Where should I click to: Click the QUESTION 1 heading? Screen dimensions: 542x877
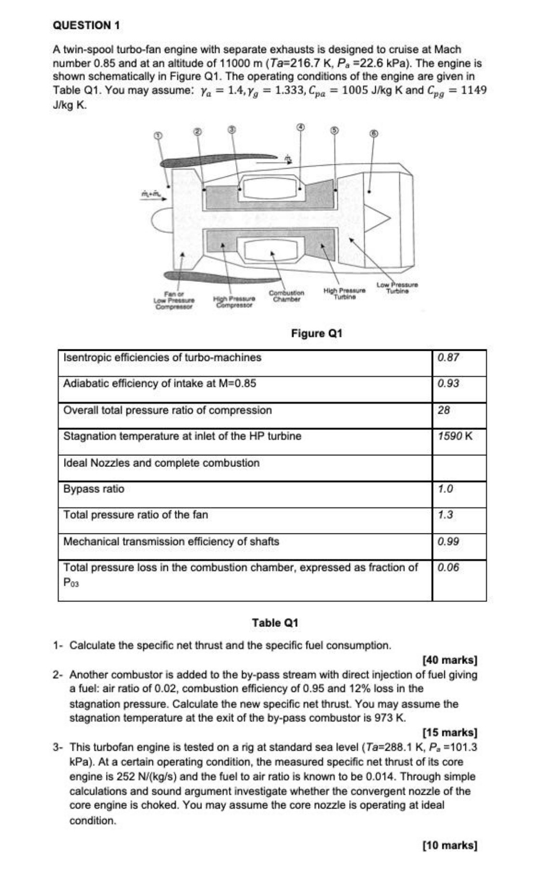click(x=86, y=25)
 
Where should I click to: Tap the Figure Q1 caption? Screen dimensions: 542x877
click(x=316, y=333)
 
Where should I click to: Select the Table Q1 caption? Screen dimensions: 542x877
click(x=275, y=623)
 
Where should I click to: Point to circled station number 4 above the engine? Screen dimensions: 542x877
click(x=300, y=126)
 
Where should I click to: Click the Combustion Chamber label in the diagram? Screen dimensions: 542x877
click(x=286, y=296)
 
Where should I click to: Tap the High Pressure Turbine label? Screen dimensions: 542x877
click(x=344, y=293)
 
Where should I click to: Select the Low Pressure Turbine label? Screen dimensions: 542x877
click(x=397, y=288)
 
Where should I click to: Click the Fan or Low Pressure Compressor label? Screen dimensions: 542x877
click(x=173, y=300)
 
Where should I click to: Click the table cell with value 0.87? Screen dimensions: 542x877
click(x=448, y=358)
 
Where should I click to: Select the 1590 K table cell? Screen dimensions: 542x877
click(x=455, y=436)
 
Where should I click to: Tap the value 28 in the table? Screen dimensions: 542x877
click(x=444, y=410)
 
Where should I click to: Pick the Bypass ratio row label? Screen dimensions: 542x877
click(x=94, y=489)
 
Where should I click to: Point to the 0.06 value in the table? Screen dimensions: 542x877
click(x=448, y=567)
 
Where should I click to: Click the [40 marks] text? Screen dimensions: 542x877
click(x=449, y=659)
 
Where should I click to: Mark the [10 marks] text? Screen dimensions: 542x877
click(x=449, y=845)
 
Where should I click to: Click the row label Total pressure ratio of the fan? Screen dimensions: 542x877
click(x=136, y=515)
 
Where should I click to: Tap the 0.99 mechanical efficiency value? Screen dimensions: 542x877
click(x=448, y=541)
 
